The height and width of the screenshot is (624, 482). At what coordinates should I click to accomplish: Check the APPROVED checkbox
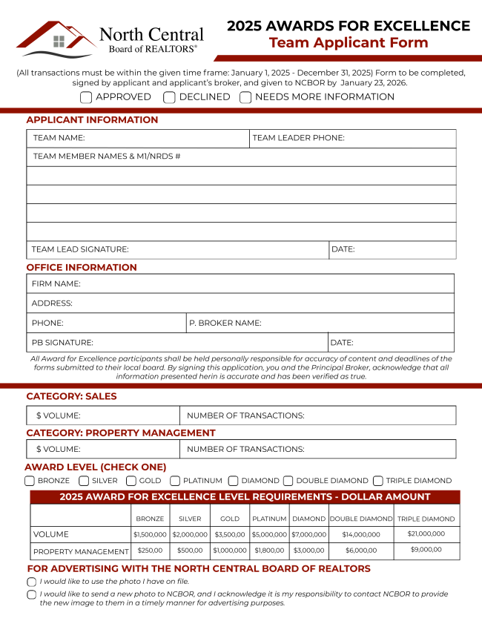point(86,97)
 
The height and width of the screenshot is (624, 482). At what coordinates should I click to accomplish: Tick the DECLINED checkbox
point(170,97)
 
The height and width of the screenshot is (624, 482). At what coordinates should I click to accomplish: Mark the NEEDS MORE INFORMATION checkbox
point(245,97)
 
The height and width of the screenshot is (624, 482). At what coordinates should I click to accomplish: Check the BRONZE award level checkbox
point(30,481)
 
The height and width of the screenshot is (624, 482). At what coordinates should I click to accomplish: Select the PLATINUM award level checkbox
point(175,481)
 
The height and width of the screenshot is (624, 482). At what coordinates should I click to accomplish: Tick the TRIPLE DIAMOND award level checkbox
point(378,481)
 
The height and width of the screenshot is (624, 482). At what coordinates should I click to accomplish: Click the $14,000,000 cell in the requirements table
point(361,534)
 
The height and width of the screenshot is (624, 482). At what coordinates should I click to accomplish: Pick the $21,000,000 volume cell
point(426,533)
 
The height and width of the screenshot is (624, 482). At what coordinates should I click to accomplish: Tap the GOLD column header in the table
point(229,519)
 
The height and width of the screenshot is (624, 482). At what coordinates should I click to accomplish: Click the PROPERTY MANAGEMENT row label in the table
point(81,551)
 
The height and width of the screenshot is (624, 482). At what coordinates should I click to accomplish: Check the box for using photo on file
point(32,582)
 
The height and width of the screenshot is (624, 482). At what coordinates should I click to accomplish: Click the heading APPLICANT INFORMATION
point(92,120)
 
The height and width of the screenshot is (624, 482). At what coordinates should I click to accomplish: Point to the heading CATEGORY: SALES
point(71,396)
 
